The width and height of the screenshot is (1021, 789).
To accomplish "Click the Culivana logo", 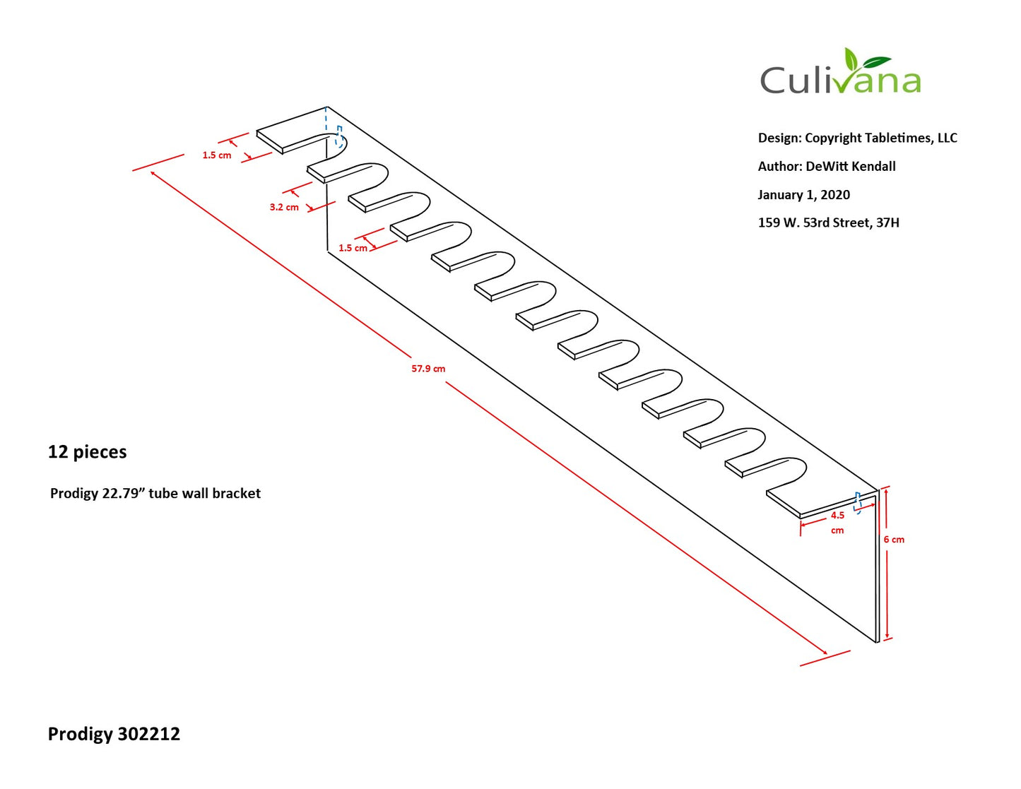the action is (x=840, y=72).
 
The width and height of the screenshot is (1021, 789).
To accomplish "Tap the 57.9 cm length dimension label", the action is (x=428, y=369).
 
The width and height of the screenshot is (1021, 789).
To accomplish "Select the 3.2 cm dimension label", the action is (x=284, y=207).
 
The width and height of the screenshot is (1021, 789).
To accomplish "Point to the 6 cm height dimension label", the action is (x=894, y=540).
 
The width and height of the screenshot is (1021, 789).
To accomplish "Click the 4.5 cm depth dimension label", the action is (x=837, y=523).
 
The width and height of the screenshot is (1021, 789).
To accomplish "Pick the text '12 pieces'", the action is (x=88, y=452).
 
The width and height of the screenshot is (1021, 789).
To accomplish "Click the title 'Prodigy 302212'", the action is (x=114, y=734).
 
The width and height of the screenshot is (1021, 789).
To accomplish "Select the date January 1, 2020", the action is (x=804, y=195).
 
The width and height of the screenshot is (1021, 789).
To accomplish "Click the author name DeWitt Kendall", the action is (x=851, y=166).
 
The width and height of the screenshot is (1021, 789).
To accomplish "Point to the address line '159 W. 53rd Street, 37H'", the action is (x=828, y=223).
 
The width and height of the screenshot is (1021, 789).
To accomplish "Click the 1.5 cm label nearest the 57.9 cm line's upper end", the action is (x=217, y=155).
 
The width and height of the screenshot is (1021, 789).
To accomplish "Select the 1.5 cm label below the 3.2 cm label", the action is (x=353, y=248).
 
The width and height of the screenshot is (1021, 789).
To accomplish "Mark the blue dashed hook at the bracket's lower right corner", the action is (x=858, y=502).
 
